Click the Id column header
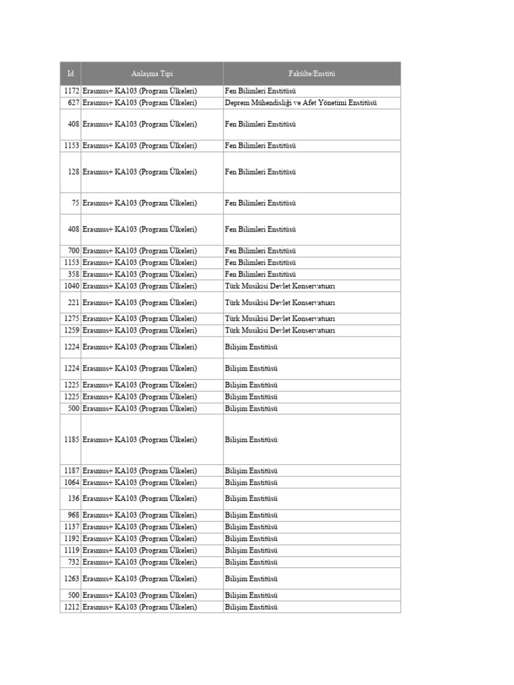click(70, 74)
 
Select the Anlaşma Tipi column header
click(152, 74)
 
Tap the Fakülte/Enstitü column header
click(312, 74)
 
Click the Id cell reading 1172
click(72, 90)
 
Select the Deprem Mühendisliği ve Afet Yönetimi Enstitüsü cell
click(301, 102)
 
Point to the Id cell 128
click(74, 172)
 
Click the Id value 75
click(76, 203)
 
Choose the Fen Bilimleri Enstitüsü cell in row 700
click(260, 251)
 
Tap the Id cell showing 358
click(74, 274)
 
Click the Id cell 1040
click(72, 286)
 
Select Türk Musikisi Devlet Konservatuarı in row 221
click(280, 302)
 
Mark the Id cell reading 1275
click(72, 318)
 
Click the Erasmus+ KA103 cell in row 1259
click(140, 330)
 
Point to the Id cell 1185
click(72, 439)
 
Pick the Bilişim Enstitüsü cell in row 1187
click(251, 470)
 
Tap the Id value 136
click(74, 498)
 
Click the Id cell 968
click(74, 515)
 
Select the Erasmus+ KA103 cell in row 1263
click(140, 579)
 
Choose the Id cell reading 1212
click(72, 607)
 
